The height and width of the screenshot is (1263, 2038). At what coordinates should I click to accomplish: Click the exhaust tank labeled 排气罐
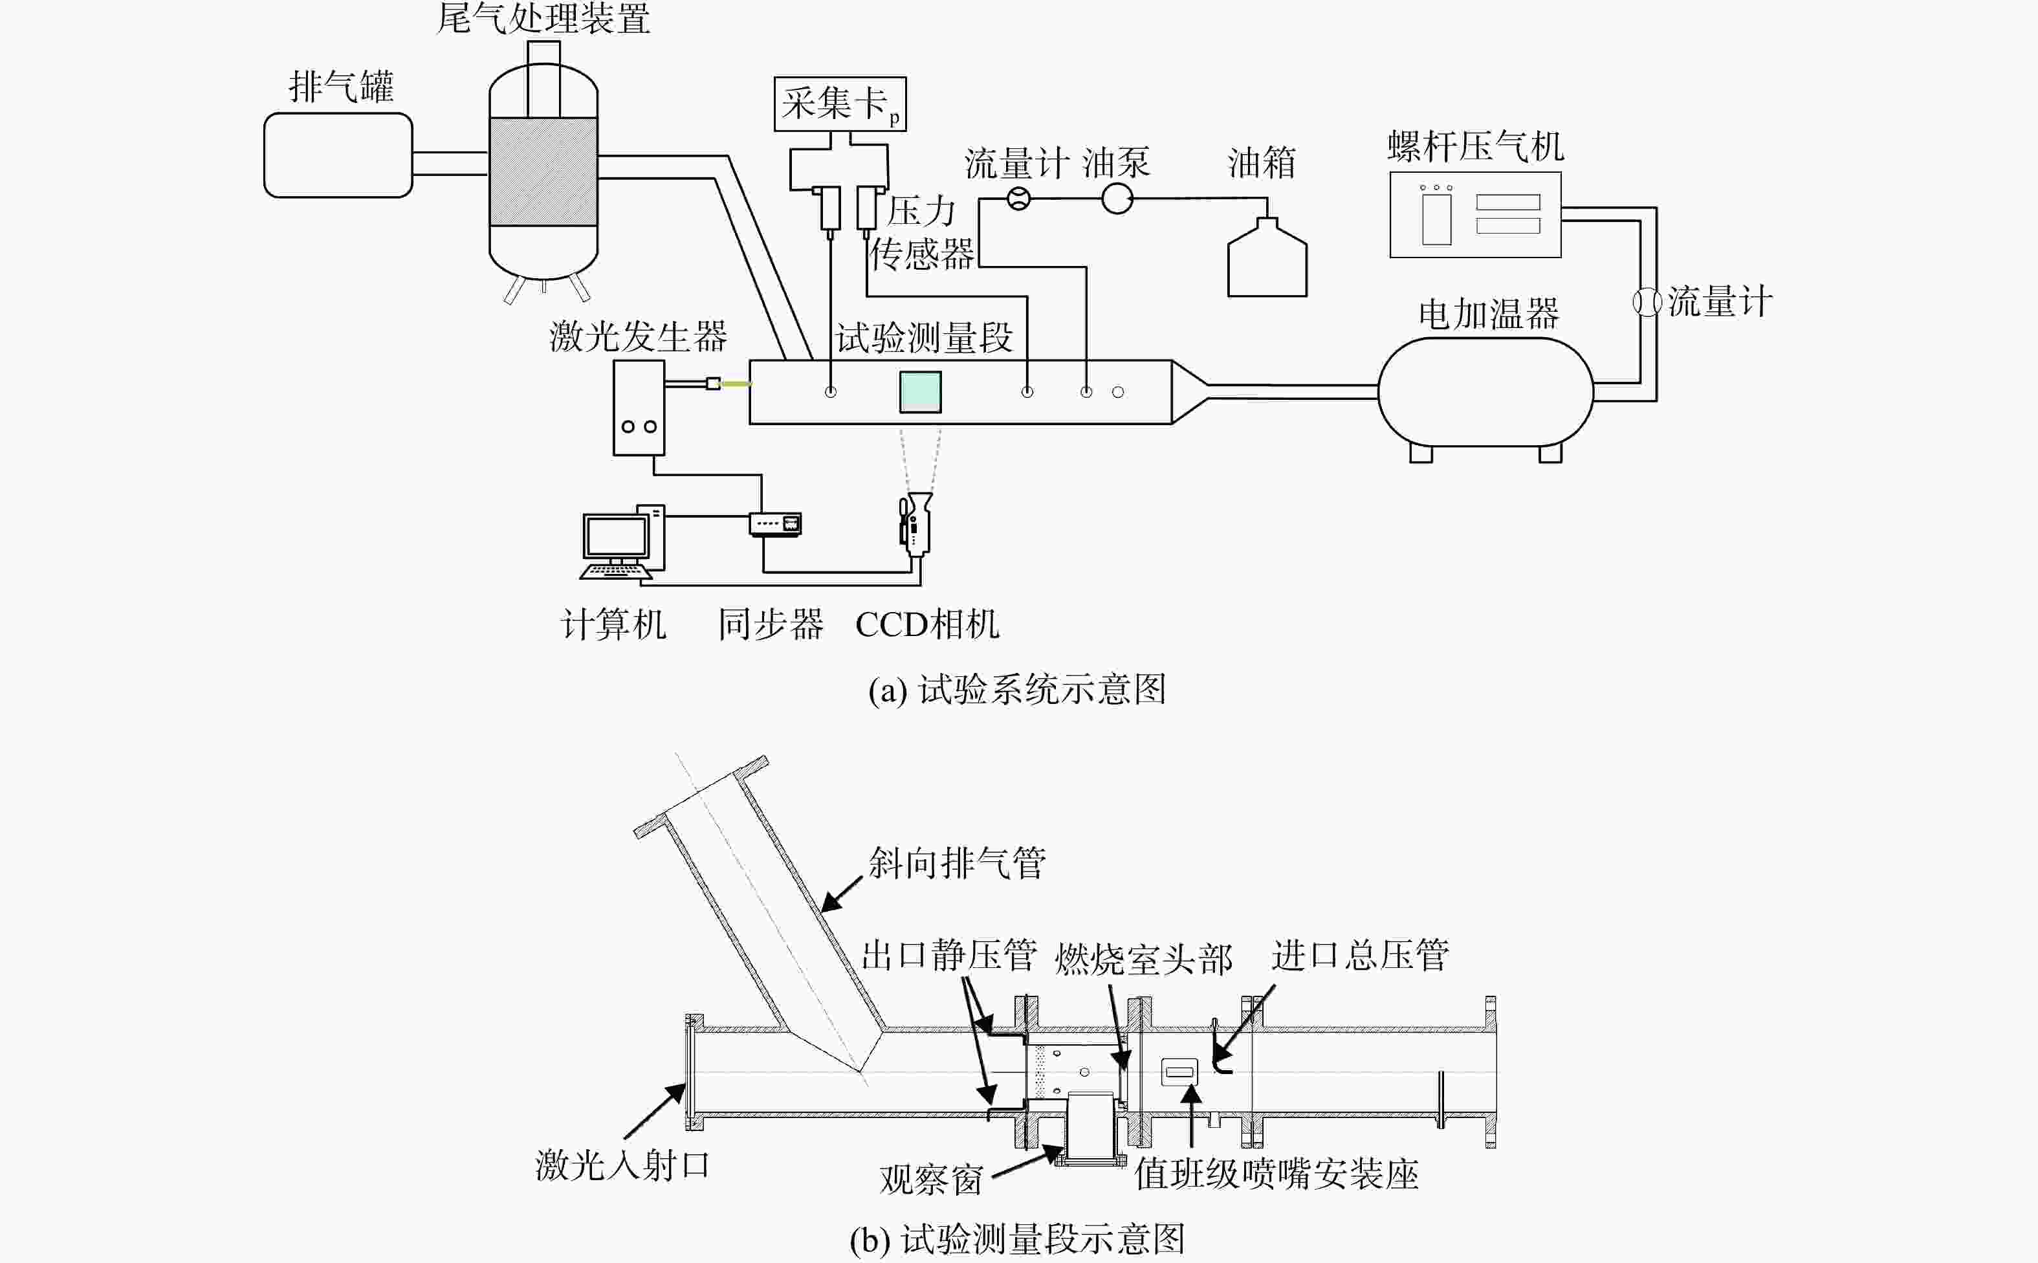click(x=338, y=155)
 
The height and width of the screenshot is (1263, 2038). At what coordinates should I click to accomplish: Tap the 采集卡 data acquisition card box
click(x=840, y=104)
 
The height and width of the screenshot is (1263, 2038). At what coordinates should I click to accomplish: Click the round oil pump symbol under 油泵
click(x=1117, y=199)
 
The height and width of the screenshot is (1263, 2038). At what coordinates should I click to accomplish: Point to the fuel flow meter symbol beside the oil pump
click(x=1018, y=199)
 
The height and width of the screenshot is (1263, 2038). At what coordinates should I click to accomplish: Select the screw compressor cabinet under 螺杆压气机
click(x=1475, y=215)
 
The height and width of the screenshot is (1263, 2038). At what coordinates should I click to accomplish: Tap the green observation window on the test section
click(x=921, y=391)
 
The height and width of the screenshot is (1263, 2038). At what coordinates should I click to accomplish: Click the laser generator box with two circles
click(x=639, y=408)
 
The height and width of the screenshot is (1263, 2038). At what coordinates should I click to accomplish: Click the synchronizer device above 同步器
click(x=776, y=523)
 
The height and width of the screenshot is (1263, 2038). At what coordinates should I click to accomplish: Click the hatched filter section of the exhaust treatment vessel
click(x=543, y=172)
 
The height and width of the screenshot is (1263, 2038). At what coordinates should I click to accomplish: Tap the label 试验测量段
click(x=925, y=338)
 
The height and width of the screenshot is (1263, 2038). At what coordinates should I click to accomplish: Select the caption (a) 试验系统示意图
click(x=1017, y=690)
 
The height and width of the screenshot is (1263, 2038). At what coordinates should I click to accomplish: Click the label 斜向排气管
click(x=957, y=863)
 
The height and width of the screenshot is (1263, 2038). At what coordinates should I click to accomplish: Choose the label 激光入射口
click(x=622, y=1165)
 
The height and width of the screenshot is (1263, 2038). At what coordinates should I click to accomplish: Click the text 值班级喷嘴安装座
click(x=1276, y=1174)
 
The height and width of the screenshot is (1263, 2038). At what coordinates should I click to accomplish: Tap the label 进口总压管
click(x=1360, y=955)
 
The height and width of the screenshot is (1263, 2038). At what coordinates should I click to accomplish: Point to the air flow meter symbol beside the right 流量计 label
click(x=1647, y=302)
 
